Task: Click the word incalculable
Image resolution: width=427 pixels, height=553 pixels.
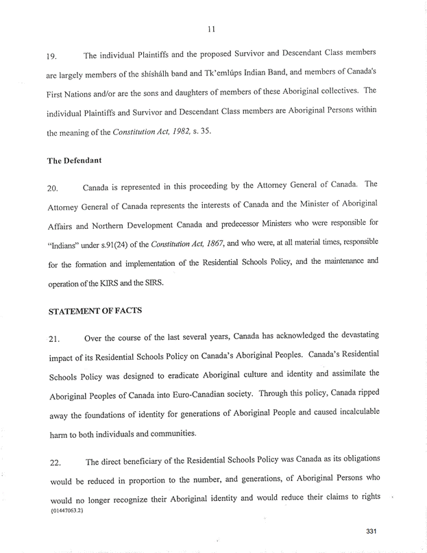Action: (361, 413)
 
